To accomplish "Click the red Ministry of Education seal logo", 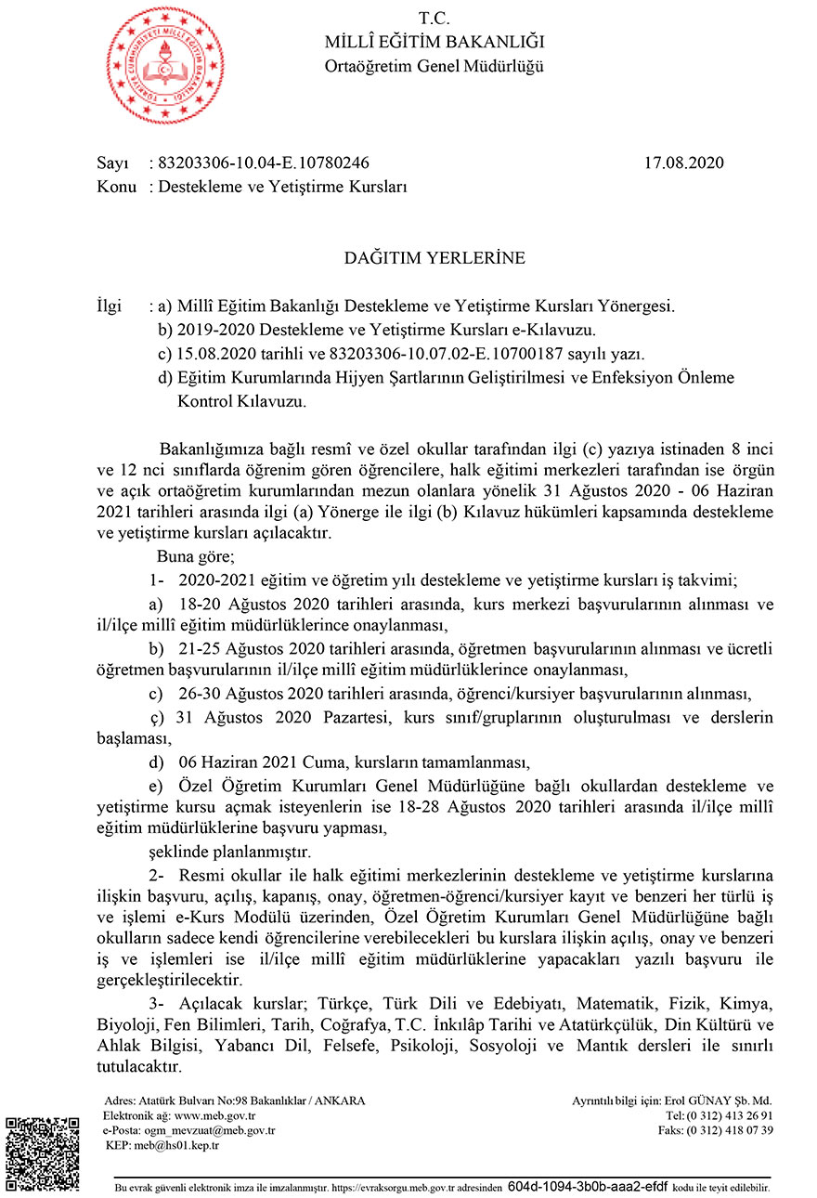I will click(x=164, y=65).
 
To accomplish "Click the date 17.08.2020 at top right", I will click(x=683, y=163).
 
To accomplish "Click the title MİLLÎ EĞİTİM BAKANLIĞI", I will click(x=434, y=42).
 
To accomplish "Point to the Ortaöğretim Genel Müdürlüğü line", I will click(x=434, y=66).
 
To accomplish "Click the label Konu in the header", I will click(x=116, y=187).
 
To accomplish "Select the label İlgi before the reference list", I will click(x=109, y=306).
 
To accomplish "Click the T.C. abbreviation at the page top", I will click(x=434, y=18).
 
